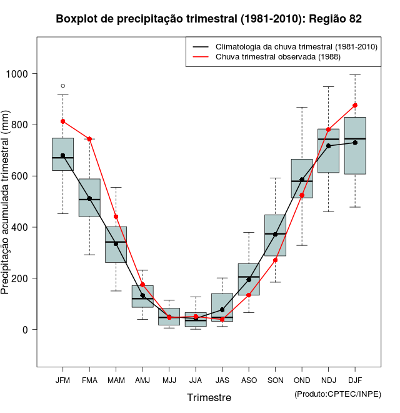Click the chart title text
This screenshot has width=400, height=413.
(x=209, y=19)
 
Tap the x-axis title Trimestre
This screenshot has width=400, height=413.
(x=209, y=397)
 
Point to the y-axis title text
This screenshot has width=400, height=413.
(x=6, y=202)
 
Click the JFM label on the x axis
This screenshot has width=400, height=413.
(x=62, y=380)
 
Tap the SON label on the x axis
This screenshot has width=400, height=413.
(x=275, y=380)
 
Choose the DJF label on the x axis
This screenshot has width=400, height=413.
(x=355, y=380)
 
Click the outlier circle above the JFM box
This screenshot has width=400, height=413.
(x=62, y=86)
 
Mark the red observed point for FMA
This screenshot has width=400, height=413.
(x=89, y=139)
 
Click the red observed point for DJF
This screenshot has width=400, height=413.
(x=355, y=106)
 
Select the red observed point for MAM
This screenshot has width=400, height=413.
(x=116, y=217)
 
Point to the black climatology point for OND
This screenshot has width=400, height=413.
(x=302, y=180)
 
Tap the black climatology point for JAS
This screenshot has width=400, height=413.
(x=222, y=310)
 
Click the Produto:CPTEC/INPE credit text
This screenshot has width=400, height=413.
(x=337, y=394)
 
